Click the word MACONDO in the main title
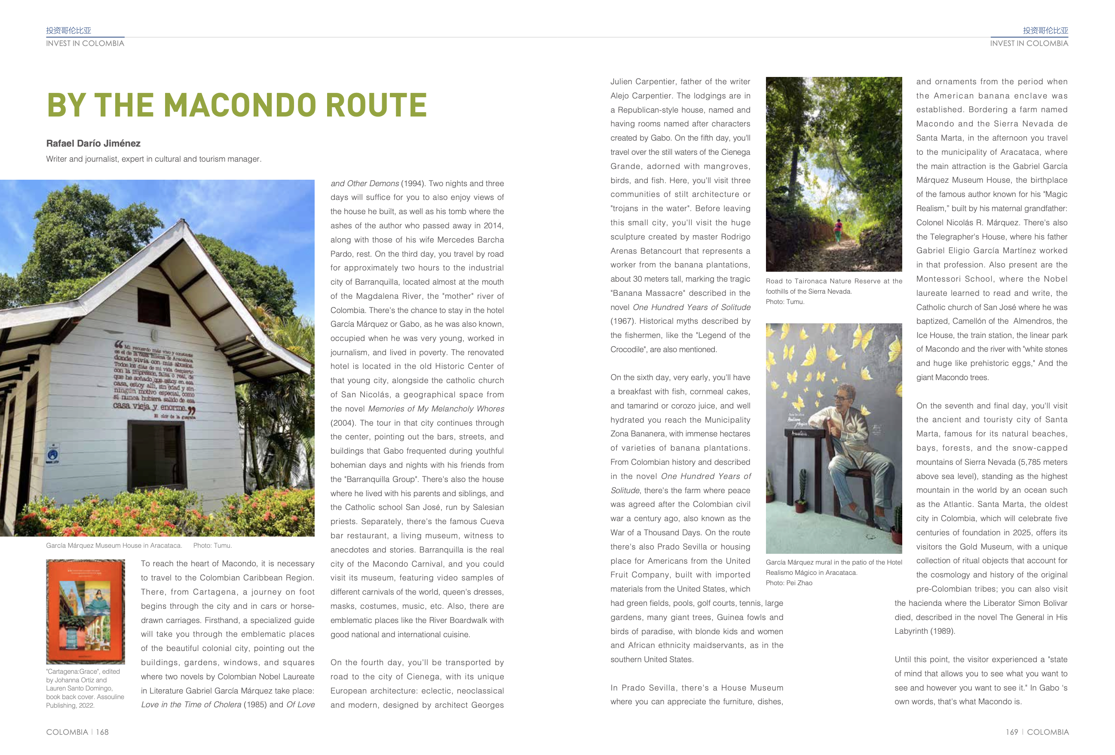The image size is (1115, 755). [x=241, y=105]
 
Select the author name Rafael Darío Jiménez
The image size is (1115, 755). [x=93, y=144]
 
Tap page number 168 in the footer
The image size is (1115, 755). [x=102, y=732]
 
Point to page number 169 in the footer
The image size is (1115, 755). [x=1011, y=732]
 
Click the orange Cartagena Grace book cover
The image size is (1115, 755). [x=86, y=611]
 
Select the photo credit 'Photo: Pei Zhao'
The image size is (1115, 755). [x=789, y=583]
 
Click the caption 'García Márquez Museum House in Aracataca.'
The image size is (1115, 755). [x=114, y=546]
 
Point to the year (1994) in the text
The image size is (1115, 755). [x=413, y=183]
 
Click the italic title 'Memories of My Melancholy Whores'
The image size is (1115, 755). [x=436, y=409]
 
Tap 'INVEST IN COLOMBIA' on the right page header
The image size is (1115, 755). [x=1029, y=43]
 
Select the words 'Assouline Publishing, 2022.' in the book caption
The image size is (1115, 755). [x=86, y=701]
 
